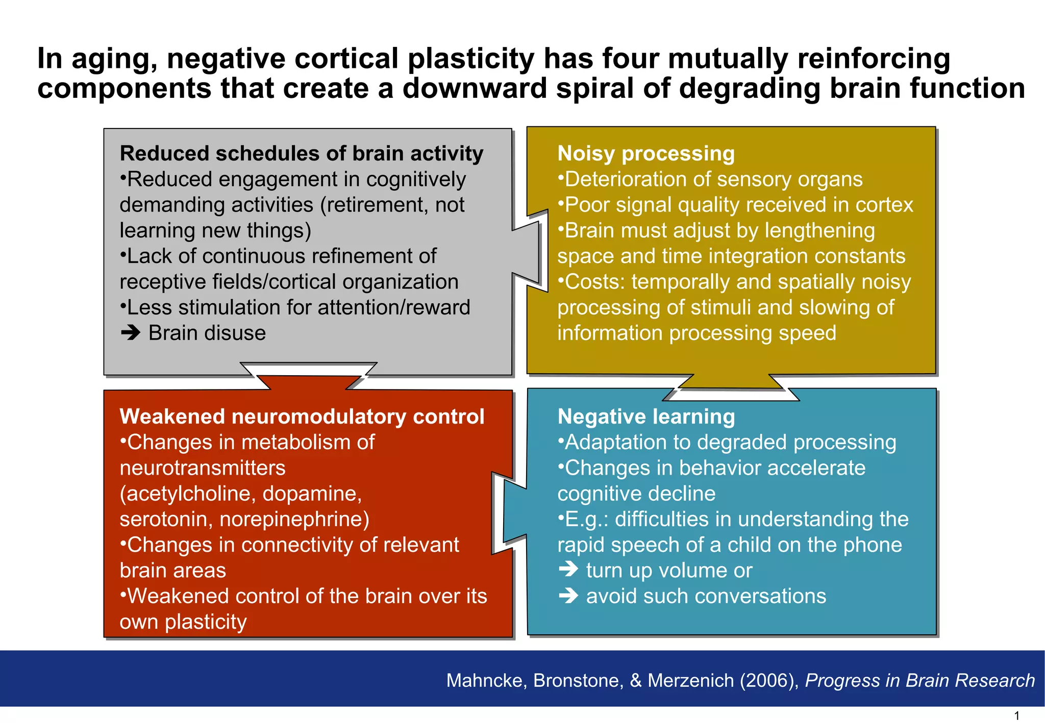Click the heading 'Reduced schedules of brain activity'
click(x=301, y=153)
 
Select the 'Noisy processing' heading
click(x=645, y=153)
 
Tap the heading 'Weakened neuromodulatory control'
click(x=302, y=417)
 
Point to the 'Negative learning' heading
click(x=646, y=417)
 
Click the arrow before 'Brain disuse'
click(x=131, y=333)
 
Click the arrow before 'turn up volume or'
click(x=568, y=570)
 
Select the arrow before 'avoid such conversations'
click(x=568, y=596)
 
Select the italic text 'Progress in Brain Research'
click(x=919, y=680)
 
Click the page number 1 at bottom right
click(x=1016, y=716)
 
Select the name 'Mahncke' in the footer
click(x=486, y=680)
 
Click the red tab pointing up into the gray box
click(x=308, y=382)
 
